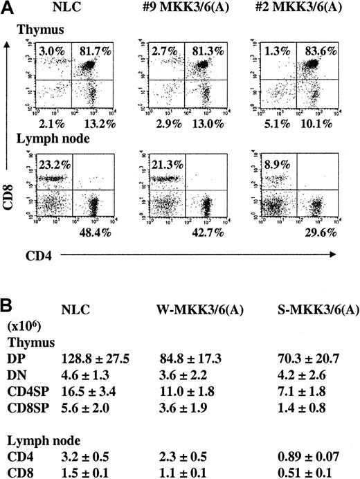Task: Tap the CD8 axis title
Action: point(11,188)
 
